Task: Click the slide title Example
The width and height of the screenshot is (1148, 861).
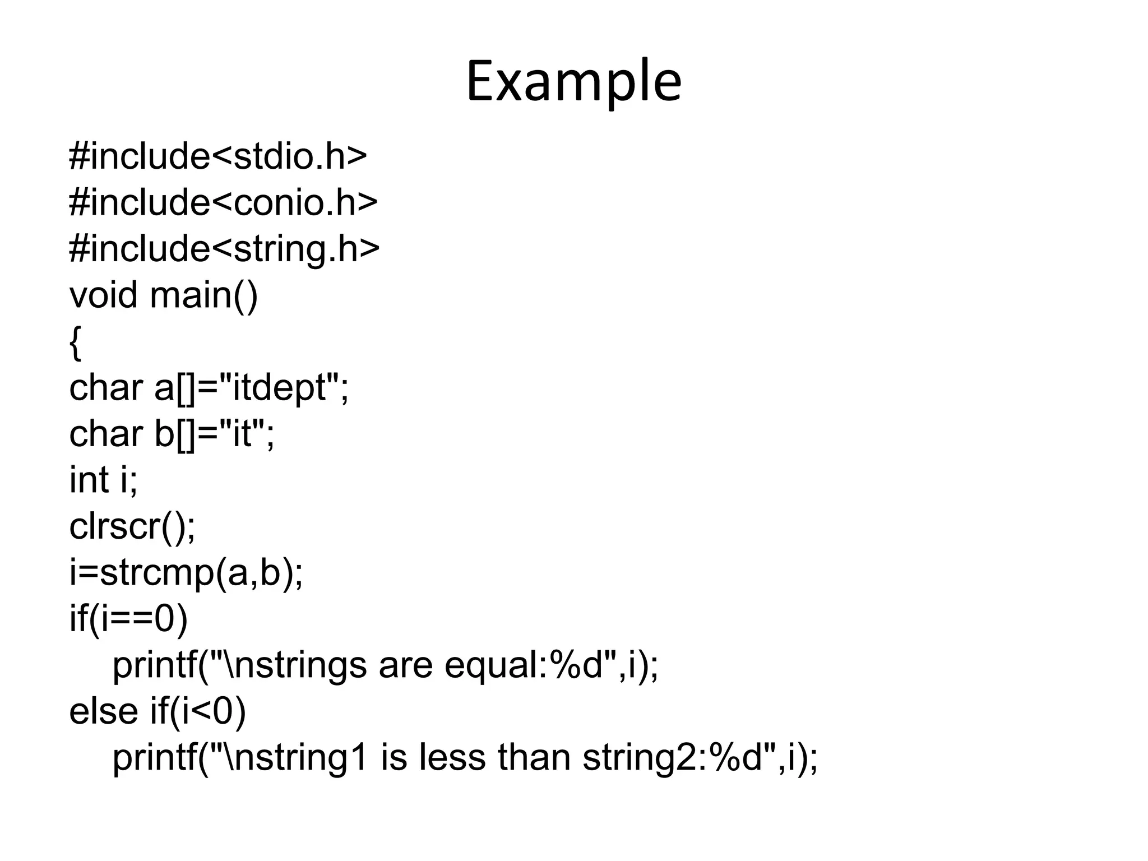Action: [x=573, y=82]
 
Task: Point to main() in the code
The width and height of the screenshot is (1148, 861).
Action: [x=204, y=295]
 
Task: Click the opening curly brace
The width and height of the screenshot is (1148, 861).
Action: [x=75, y=342]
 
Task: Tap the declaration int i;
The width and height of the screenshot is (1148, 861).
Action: [x=103, y=480]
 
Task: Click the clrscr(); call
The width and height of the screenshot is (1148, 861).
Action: [x=132, y=526]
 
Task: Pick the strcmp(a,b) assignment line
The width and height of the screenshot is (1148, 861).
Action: [x=186, y=573]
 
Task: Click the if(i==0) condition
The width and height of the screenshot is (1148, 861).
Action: [x=128, y=619]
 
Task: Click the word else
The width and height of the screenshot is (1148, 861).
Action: [x=103, y=711]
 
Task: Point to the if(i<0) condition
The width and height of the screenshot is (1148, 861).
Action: [x=198, y=712]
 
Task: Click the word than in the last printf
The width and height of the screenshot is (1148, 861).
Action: [x=535, y=757]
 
